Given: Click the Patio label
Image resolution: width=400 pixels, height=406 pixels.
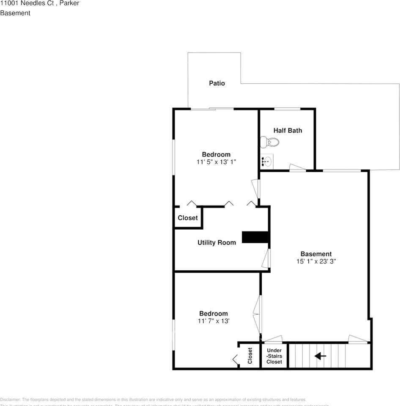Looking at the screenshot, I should pyautogui.click(x=217, y=83).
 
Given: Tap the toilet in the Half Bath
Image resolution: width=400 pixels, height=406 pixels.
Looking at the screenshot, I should pyautogui.click(x=269, y=142).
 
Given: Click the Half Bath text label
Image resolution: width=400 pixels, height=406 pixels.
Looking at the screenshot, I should pyautogui.click(x=288, y=131).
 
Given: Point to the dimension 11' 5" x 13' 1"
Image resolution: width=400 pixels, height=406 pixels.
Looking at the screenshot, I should pyautogui.click(x=216, y=162).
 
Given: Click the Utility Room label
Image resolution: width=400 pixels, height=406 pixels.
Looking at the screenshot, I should pyautogui.click(x=216, y=243).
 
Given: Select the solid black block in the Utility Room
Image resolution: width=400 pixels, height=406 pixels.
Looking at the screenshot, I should pyautogui.click(x=255, y=237).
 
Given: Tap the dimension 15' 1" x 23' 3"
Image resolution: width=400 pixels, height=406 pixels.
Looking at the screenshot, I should pyautogui.click(x=313, y=261).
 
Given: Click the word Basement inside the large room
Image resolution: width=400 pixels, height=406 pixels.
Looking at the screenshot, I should pyautogui.click(x=313, y=254).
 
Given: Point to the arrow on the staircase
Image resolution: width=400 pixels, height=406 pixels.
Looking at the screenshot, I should pyautogui.click(x=321, y=356).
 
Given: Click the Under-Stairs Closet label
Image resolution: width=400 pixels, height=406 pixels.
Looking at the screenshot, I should pyautogui.click(x=274, y=356).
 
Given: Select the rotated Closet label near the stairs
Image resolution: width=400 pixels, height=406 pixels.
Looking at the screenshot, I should pyautogui.click(x=250, y=356).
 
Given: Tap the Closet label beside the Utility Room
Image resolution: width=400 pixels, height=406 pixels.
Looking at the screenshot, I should pyautogui.click(x=188, y=218).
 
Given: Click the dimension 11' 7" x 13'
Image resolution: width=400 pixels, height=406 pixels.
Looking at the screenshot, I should pyautogui.click(x=214, y=321).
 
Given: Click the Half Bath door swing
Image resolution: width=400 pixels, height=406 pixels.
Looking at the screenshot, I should pyautogui.click(x=297, y=167).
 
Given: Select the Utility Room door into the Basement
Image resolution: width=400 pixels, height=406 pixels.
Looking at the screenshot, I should pyautogui.click(x=266, y=258).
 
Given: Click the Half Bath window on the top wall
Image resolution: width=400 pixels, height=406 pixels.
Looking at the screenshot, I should pyautogui.click(x=288, y=109).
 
